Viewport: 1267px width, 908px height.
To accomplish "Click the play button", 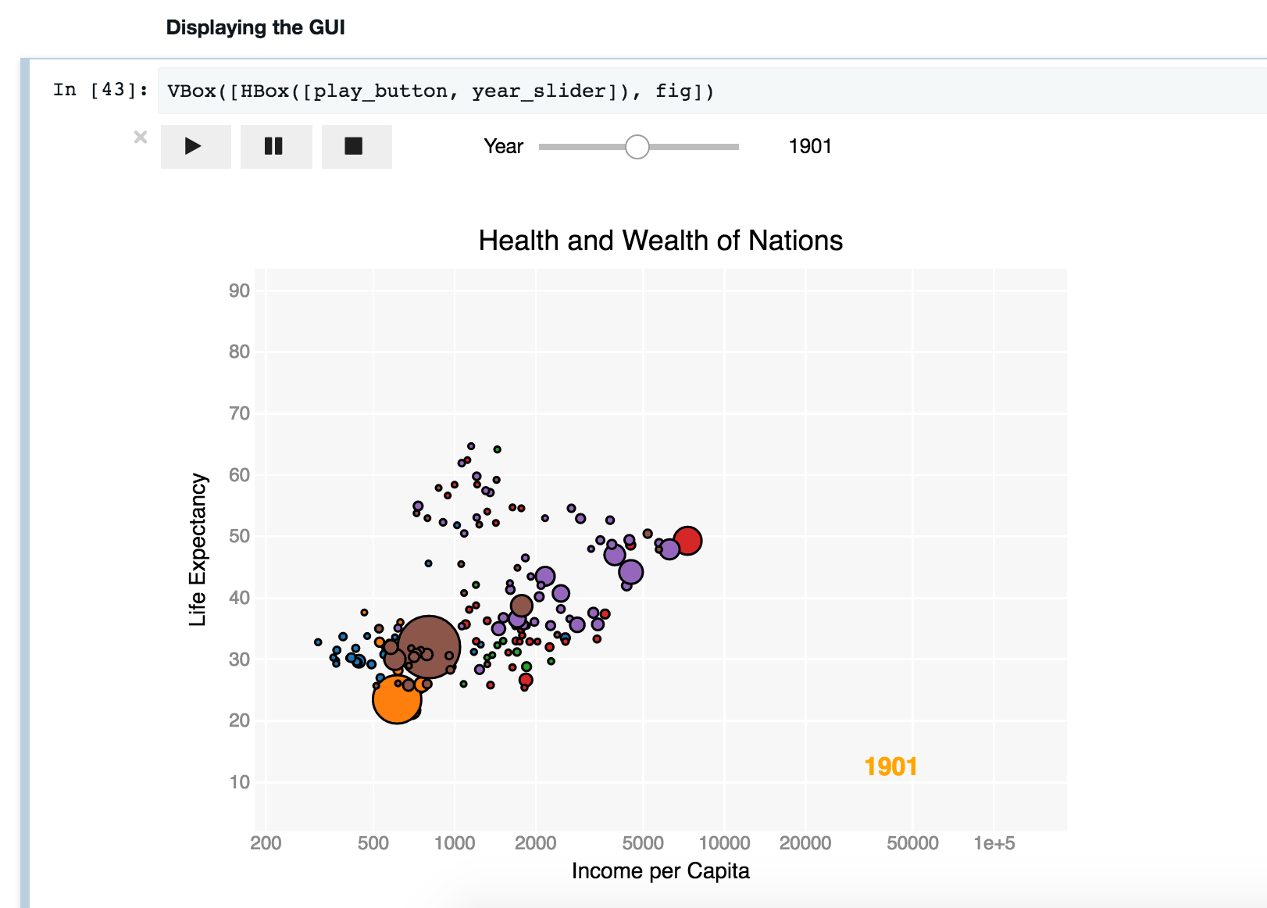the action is [x=196, y=147].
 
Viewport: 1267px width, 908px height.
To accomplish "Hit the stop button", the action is [x=356, y=147].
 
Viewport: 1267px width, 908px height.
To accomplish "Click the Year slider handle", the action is [x=637, y=147].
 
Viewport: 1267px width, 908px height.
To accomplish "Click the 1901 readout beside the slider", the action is [x=810, y=147].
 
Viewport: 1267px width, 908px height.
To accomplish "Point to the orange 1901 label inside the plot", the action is [x=890, y=767].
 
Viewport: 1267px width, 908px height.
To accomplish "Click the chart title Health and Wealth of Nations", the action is [x=661, y=241].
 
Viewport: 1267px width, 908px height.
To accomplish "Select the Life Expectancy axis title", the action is [x=198, y=549].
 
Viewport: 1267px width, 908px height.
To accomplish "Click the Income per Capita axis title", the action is [x=660, y=871].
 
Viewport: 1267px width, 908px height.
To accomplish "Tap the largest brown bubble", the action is [x=429, y=647].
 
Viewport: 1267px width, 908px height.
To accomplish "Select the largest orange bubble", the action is [x=397, y=699].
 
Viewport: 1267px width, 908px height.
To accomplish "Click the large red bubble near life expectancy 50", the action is [x=687, y=540].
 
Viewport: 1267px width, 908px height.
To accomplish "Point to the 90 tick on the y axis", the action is [x=239, y=291].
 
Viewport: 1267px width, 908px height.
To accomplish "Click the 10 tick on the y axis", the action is [x=239, y=782].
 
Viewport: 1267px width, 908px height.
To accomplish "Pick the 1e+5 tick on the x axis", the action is [x=994, y=843].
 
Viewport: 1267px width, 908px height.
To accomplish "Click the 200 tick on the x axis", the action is [x=266, y=843].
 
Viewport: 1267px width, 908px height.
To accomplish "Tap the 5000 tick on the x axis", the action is [x=643, y=843].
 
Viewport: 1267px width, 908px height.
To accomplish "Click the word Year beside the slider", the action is [x=503, y=147].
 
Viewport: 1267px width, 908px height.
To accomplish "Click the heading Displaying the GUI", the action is [x=255, y=27].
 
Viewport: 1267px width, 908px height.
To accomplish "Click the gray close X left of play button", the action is [x=141, y=137].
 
